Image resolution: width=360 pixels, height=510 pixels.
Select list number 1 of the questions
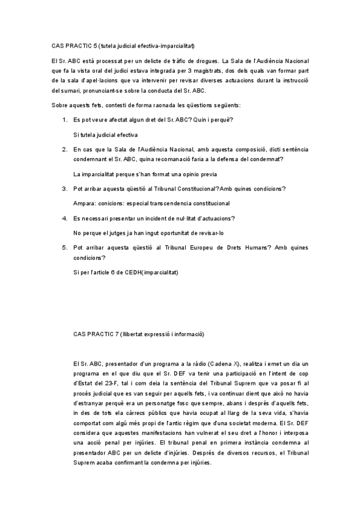click(65, 120)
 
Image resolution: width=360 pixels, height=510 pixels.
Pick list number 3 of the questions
click(65, 189)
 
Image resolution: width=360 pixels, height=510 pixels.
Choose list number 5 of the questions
click(65, 247)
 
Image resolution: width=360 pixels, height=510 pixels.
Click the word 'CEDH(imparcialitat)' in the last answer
click(153, 272)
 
